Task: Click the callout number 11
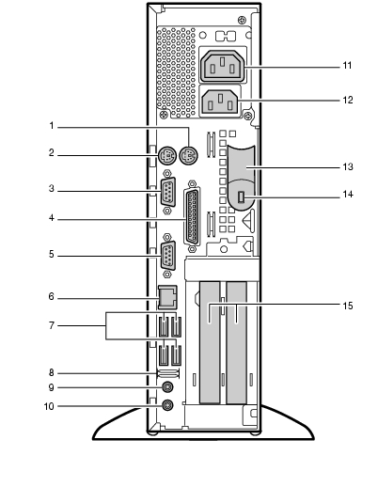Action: pos(347,66)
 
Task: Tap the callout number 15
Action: pos(348,306)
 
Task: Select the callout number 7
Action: pos(52,325)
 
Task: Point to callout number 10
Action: pos(49,406)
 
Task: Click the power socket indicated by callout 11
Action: pos(223,66)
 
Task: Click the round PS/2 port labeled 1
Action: pos(189,155)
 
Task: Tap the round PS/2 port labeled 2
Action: pos(167,155)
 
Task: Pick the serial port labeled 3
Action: pos(167,192)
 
